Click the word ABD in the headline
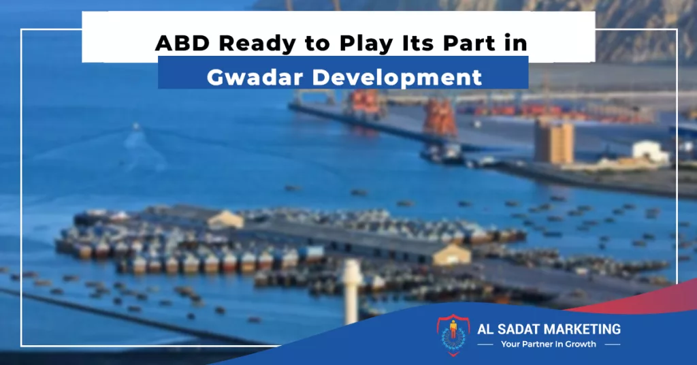point(182,43)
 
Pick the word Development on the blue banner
point(397,78)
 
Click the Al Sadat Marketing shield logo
point(453,335)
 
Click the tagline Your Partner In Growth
point(549,344)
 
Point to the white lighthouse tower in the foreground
point(352,291)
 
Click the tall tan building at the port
point(553,142)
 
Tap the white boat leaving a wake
point(136,127)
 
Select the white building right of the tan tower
point(651,151)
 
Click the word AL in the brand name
point(483,329)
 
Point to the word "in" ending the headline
point(516,43)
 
